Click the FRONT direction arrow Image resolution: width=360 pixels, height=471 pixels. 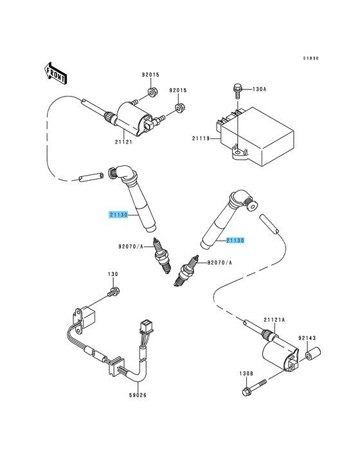coord(55,73)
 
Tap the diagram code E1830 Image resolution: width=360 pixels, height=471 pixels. coord(310,59)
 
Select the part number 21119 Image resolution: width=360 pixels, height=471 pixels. coord(201,138)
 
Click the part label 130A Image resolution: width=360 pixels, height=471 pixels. coord(259,89)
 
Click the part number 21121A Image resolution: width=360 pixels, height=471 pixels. coord(274,320)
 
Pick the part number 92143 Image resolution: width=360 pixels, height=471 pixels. coord(307,338)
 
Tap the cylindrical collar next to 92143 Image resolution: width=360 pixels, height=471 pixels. coord(313,353)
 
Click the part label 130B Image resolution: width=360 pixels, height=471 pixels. coord(246,373)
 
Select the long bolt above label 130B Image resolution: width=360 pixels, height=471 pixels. coord(255,388)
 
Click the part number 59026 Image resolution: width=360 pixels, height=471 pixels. coord(138,395)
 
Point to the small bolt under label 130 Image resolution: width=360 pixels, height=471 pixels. coord(114,291)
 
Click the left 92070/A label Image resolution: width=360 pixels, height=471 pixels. coord(130,246)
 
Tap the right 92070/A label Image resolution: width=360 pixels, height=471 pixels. coord(220,263)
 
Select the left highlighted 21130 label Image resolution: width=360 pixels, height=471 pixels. coord(118,215)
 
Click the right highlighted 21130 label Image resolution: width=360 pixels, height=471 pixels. coord(235,240)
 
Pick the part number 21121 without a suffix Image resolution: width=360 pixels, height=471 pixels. coord(123,142)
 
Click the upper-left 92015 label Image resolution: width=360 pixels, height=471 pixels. coord(150,75)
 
